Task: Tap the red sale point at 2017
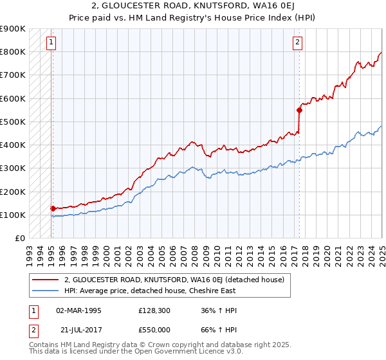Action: tap(299, 110)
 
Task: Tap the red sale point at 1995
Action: tap(53, 208)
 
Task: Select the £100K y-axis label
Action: tap(14, 215)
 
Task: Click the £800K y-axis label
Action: tap(14, 51)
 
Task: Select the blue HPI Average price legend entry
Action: tap(150, 291)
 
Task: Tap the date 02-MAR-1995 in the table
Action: tap(78, 310)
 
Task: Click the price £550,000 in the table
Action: tap(156, 328)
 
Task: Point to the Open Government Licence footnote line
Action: tap(136, 352)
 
